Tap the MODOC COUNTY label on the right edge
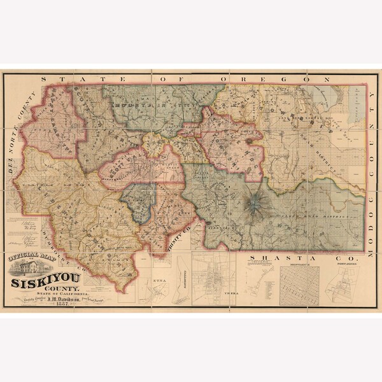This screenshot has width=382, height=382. [x=372, y=172]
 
